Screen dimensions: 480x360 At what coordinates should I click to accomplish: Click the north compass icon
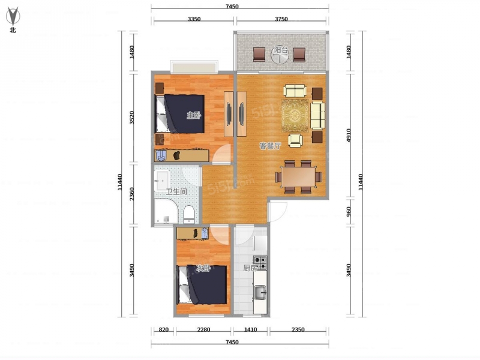[x=13, y=19]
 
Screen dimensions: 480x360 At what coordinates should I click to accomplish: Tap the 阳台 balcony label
[x=280, y=50]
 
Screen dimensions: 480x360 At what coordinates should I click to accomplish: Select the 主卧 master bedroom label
[x=194, y=115]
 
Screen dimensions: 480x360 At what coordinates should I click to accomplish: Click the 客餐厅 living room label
[x=270, y=146]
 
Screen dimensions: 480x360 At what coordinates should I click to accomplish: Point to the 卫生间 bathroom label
[x=176, y=192]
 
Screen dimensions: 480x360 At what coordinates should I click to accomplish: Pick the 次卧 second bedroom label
[x=203, y=268]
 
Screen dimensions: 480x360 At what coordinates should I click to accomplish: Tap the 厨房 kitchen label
[x=250, y=268]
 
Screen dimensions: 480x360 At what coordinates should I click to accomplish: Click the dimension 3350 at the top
[x=194, y=19]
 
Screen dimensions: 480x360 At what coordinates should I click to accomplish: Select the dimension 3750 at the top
[x=281, y=19]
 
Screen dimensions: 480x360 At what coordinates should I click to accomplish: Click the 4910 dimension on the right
[x=349, y=135]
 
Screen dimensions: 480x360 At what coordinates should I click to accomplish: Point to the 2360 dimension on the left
[x=131, y=194]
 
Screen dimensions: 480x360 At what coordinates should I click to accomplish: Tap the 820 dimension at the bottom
[x=164, y=329]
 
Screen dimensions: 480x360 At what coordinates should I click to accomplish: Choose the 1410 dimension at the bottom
[x=250, y=329]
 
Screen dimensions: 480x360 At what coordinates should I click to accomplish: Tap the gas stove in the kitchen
[x=260, y=263]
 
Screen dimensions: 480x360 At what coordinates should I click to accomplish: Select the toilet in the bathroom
[x=189, y=214]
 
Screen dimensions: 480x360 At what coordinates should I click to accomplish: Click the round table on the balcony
[x=280, y=55]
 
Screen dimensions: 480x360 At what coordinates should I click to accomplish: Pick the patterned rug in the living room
[x=295, y=115]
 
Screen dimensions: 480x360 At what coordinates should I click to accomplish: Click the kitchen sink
[x=260, y=292]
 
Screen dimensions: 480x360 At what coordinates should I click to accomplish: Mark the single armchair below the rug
[x=295, y=140]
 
